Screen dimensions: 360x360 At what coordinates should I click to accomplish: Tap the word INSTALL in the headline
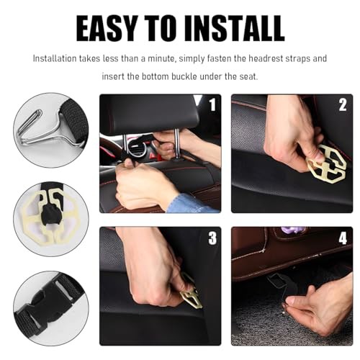coord(235,29)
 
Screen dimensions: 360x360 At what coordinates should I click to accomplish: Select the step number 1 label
coord(212,104)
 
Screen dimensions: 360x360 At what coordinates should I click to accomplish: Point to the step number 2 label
coord(343,104)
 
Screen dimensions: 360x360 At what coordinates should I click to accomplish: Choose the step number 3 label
coord(212,238)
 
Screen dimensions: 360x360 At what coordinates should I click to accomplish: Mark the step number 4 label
coord(343,238)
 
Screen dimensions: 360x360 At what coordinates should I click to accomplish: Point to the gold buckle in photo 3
coord(192,294)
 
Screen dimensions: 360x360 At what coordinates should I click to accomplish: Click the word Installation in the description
coord(55,58)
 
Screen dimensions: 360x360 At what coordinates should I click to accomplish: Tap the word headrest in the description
coord(266,58)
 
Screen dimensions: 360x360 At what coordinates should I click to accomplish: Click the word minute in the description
coord(161,58)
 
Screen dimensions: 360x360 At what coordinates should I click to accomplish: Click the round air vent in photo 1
coord(135,150)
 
